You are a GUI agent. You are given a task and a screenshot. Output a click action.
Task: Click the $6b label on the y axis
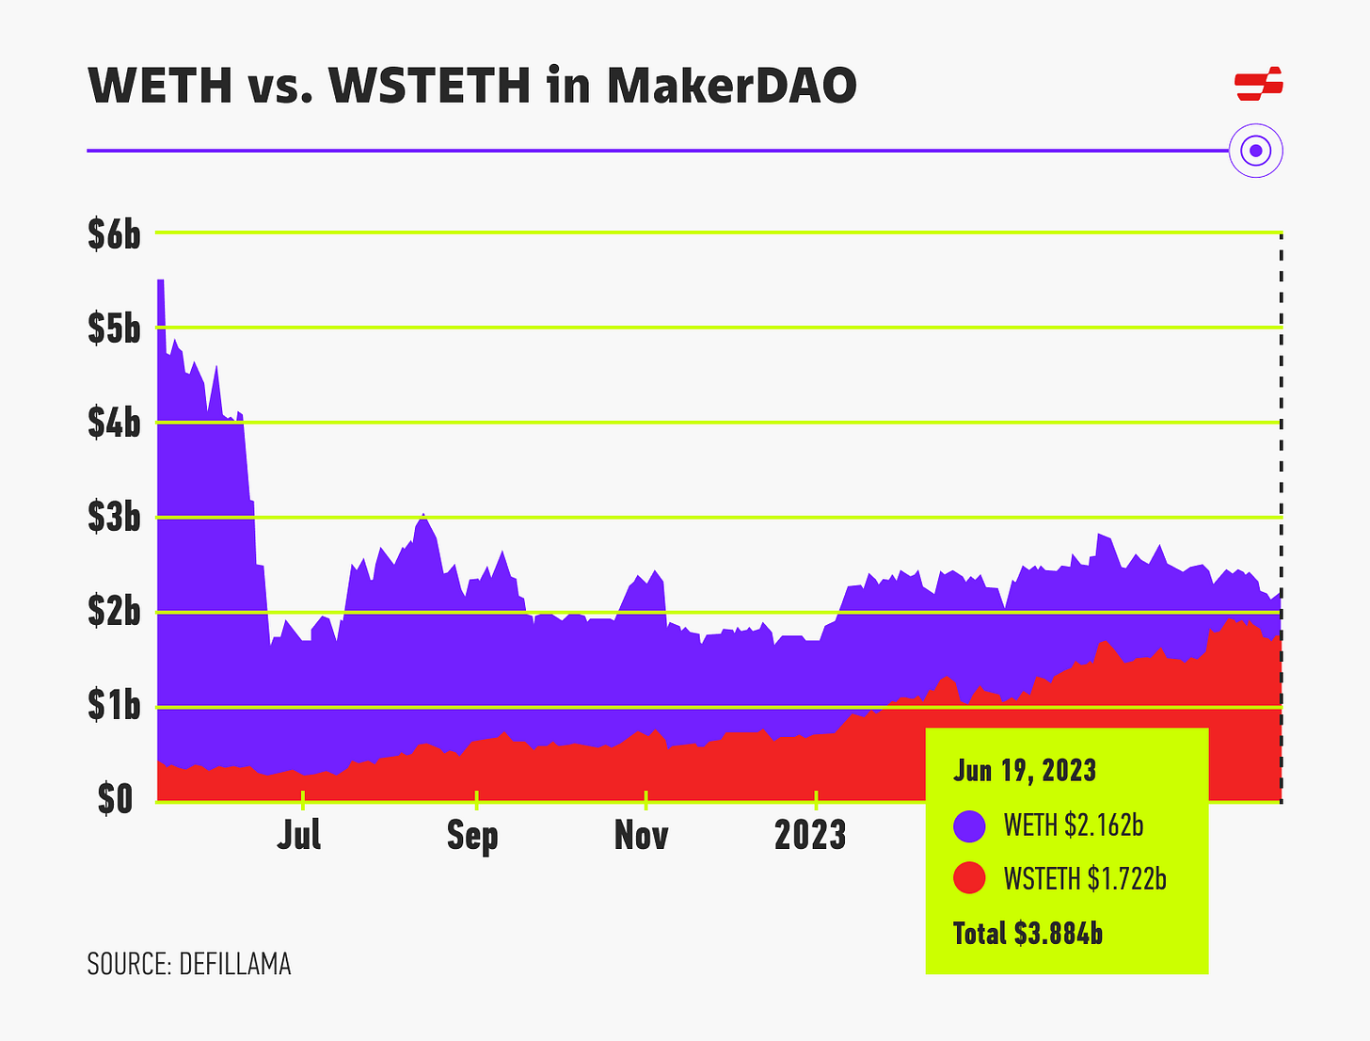114,234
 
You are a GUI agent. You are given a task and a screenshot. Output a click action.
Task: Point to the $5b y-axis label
114,328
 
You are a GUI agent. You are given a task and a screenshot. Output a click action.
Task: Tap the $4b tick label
114,424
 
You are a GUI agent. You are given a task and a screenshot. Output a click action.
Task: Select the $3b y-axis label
114,518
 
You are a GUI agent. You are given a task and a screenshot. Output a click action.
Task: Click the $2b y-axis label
114,612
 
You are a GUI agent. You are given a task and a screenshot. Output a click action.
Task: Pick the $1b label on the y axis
114,706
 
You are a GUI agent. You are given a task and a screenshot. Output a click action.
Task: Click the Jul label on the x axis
299,835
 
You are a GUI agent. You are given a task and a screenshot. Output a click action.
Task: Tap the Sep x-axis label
472,835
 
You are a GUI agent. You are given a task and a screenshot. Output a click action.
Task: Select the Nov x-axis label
642,835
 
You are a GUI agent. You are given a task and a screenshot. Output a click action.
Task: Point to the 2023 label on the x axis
810,835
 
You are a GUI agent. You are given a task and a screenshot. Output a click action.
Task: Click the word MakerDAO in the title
731,86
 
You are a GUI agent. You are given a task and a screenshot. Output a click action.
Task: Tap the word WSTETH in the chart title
431,86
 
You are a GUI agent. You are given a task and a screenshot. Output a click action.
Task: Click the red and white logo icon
1259,84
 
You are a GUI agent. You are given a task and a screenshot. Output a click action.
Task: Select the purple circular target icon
1256,151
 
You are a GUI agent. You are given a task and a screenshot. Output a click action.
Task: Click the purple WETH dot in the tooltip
969,825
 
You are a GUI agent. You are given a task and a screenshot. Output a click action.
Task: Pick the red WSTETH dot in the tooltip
969,878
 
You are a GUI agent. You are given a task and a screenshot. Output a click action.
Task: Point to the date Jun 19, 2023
1025,771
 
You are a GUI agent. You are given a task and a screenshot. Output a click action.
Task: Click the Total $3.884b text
1027,933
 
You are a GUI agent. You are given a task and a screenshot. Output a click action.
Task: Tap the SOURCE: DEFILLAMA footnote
189,964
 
